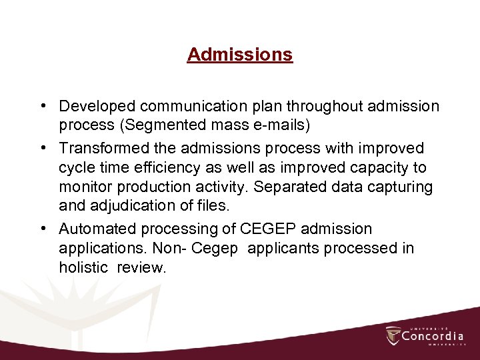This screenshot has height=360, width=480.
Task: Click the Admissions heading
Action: pos(240,54)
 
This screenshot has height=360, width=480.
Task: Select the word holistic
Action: pos(83,268)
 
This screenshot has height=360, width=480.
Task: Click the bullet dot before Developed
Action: pos(42,106)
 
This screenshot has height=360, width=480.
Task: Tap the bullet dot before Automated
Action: pos(42,229)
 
